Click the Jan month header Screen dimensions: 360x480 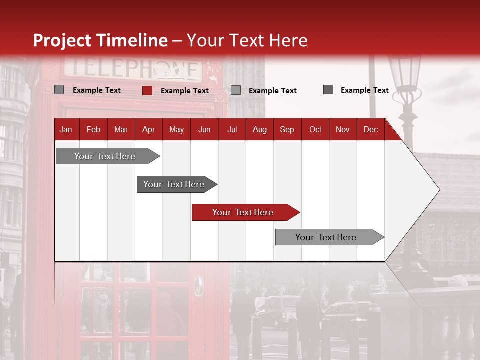click(x=66, y=129)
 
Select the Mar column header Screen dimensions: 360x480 click(x=121, y=129)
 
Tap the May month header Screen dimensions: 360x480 click(x=176, y=129)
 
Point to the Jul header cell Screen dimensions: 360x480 click(x=232, y=129)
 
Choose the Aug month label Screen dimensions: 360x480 click(x=259, y=129)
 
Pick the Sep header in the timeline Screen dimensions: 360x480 click(x=287, y=129)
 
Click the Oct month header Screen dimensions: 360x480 click(x=315, y=129)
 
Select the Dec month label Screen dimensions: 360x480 click(x=370, y=129)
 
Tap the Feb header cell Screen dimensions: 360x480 click(x=93, y=129)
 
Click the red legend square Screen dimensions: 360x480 click(x=147, y=90)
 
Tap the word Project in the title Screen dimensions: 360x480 click(x=62, y=40)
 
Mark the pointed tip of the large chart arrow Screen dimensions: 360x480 click(x=439, y=190)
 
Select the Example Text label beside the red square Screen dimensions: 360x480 click(x=185, y=91)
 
